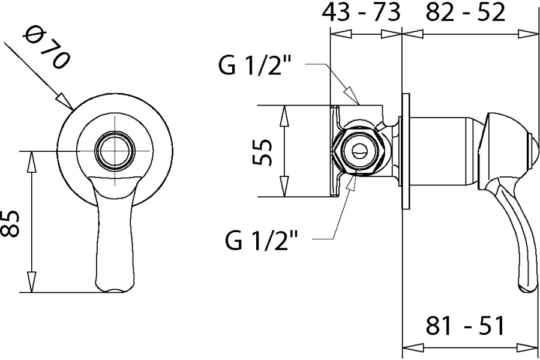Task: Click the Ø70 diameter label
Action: [46, 49]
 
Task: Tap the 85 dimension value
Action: [9, 224]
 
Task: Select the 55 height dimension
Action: [262, 152]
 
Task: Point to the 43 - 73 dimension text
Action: [361, 13]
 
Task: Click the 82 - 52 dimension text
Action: [465, 13]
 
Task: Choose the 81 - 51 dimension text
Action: [464, 325]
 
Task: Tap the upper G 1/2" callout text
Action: [255, 65]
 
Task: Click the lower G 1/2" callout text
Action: [262, 240]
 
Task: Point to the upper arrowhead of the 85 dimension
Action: [32, 162]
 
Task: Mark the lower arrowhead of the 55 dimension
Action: [284, 186]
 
